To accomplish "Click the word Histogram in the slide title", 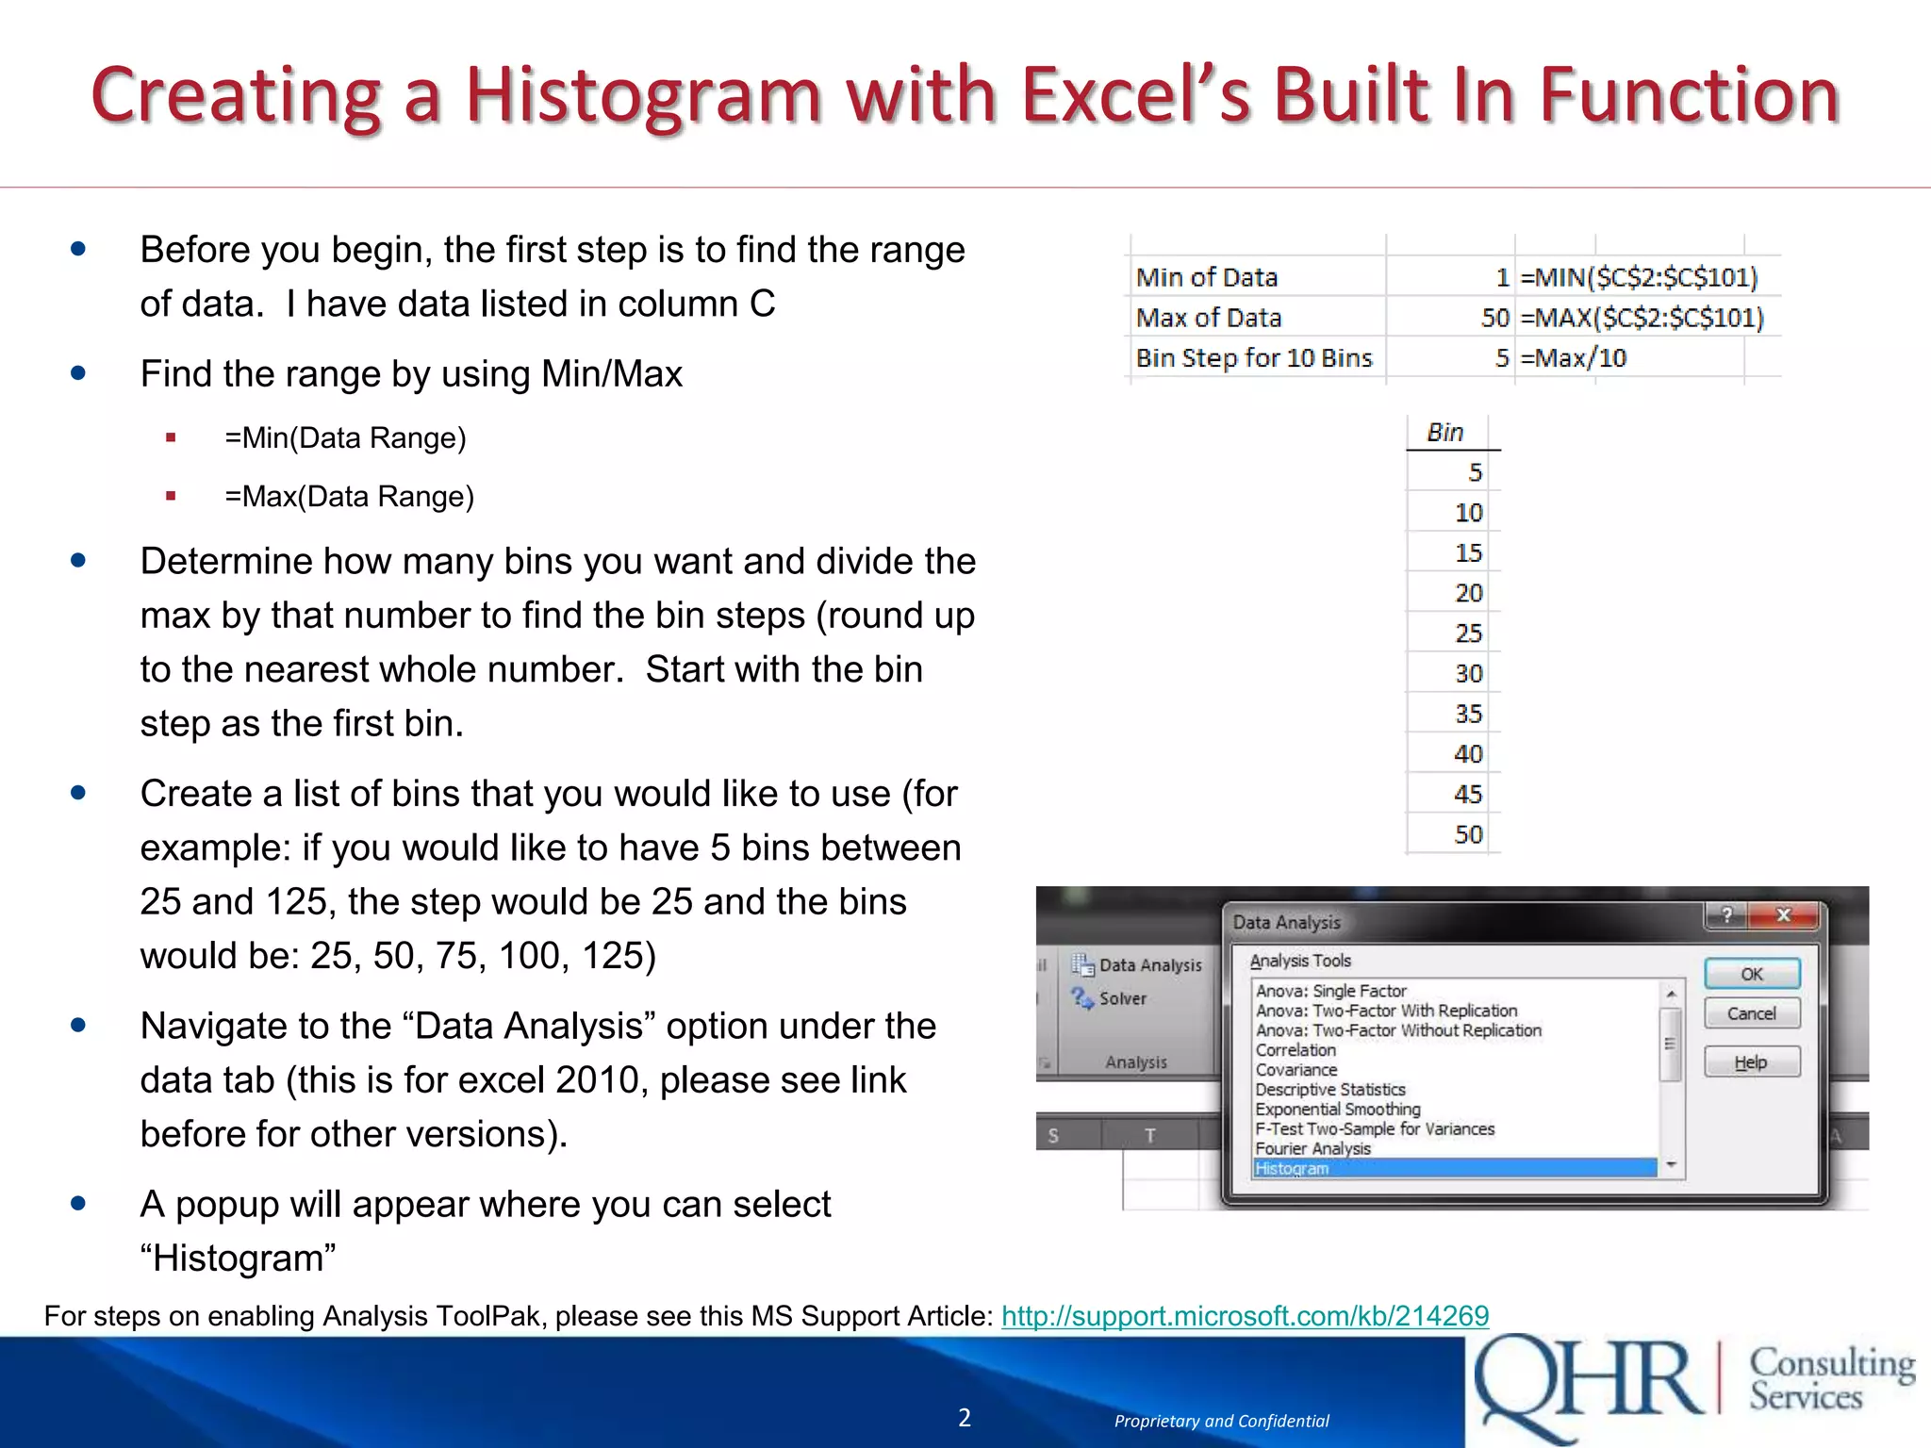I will pos(643,97).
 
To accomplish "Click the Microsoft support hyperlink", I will pos(1244,1315).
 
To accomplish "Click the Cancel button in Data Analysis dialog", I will pos(1751,1013).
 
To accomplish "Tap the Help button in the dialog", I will pos(1751,1062).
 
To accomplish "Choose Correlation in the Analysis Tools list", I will pos(1296,1050).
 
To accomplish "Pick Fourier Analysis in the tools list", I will pos(1312,1148).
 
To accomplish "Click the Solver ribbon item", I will pos(1121,998).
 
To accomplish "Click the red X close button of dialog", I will pos(1782,915).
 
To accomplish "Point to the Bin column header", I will pos(1444,433).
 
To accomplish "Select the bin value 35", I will pos(1467,714).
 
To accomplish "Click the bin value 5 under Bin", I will pos(1475,472).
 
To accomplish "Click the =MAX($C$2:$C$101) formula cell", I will pos(1641,318).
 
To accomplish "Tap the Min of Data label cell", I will pos(1206,277).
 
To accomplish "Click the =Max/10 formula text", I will pos(1573,358).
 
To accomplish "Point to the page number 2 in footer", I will pos(965,1418).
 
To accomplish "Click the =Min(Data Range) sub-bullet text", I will pos(345,438).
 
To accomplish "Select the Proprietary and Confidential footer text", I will pos(1221,1421).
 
